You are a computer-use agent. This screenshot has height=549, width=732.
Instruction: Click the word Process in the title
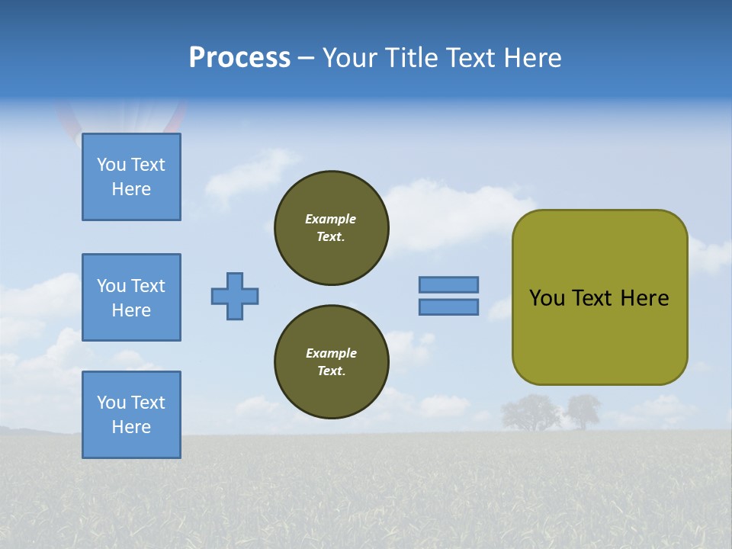[239, 58]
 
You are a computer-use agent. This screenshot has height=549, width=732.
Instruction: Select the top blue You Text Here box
[131, 177]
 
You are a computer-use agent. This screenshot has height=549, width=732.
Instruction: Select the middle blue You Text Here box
[131, 297]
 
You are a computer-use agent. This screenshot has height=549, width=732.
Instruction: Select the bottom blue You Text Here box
[131, 415]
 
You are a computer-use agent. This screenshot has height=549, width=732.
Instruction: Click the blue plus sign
[235, 296]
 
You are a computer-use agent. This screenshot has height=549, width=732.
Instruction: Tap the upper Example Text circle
[331, 228]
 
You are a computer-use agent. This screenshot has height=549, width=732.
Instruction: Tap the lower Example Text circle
[331, 362]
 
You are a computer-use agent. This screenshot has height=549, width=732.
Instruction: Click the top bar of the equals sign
[448, 284]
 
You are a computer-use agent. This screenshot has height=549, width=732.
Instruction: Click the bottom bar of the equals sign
[448, 307]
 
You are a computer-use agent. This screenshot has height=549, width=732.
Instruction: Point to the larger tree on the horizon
[530, 412]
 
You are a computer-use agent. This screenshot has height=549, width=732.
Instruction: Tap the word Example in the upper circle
[331, 219]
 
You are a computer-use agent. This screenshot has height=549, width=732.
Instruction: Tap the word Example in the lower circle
[331, 353]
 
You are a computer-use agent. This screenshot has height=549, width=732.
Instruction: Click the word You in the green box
[546, 298]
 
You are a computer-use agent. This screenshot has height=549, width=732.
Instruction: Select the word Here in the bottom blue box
[131, 427]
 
